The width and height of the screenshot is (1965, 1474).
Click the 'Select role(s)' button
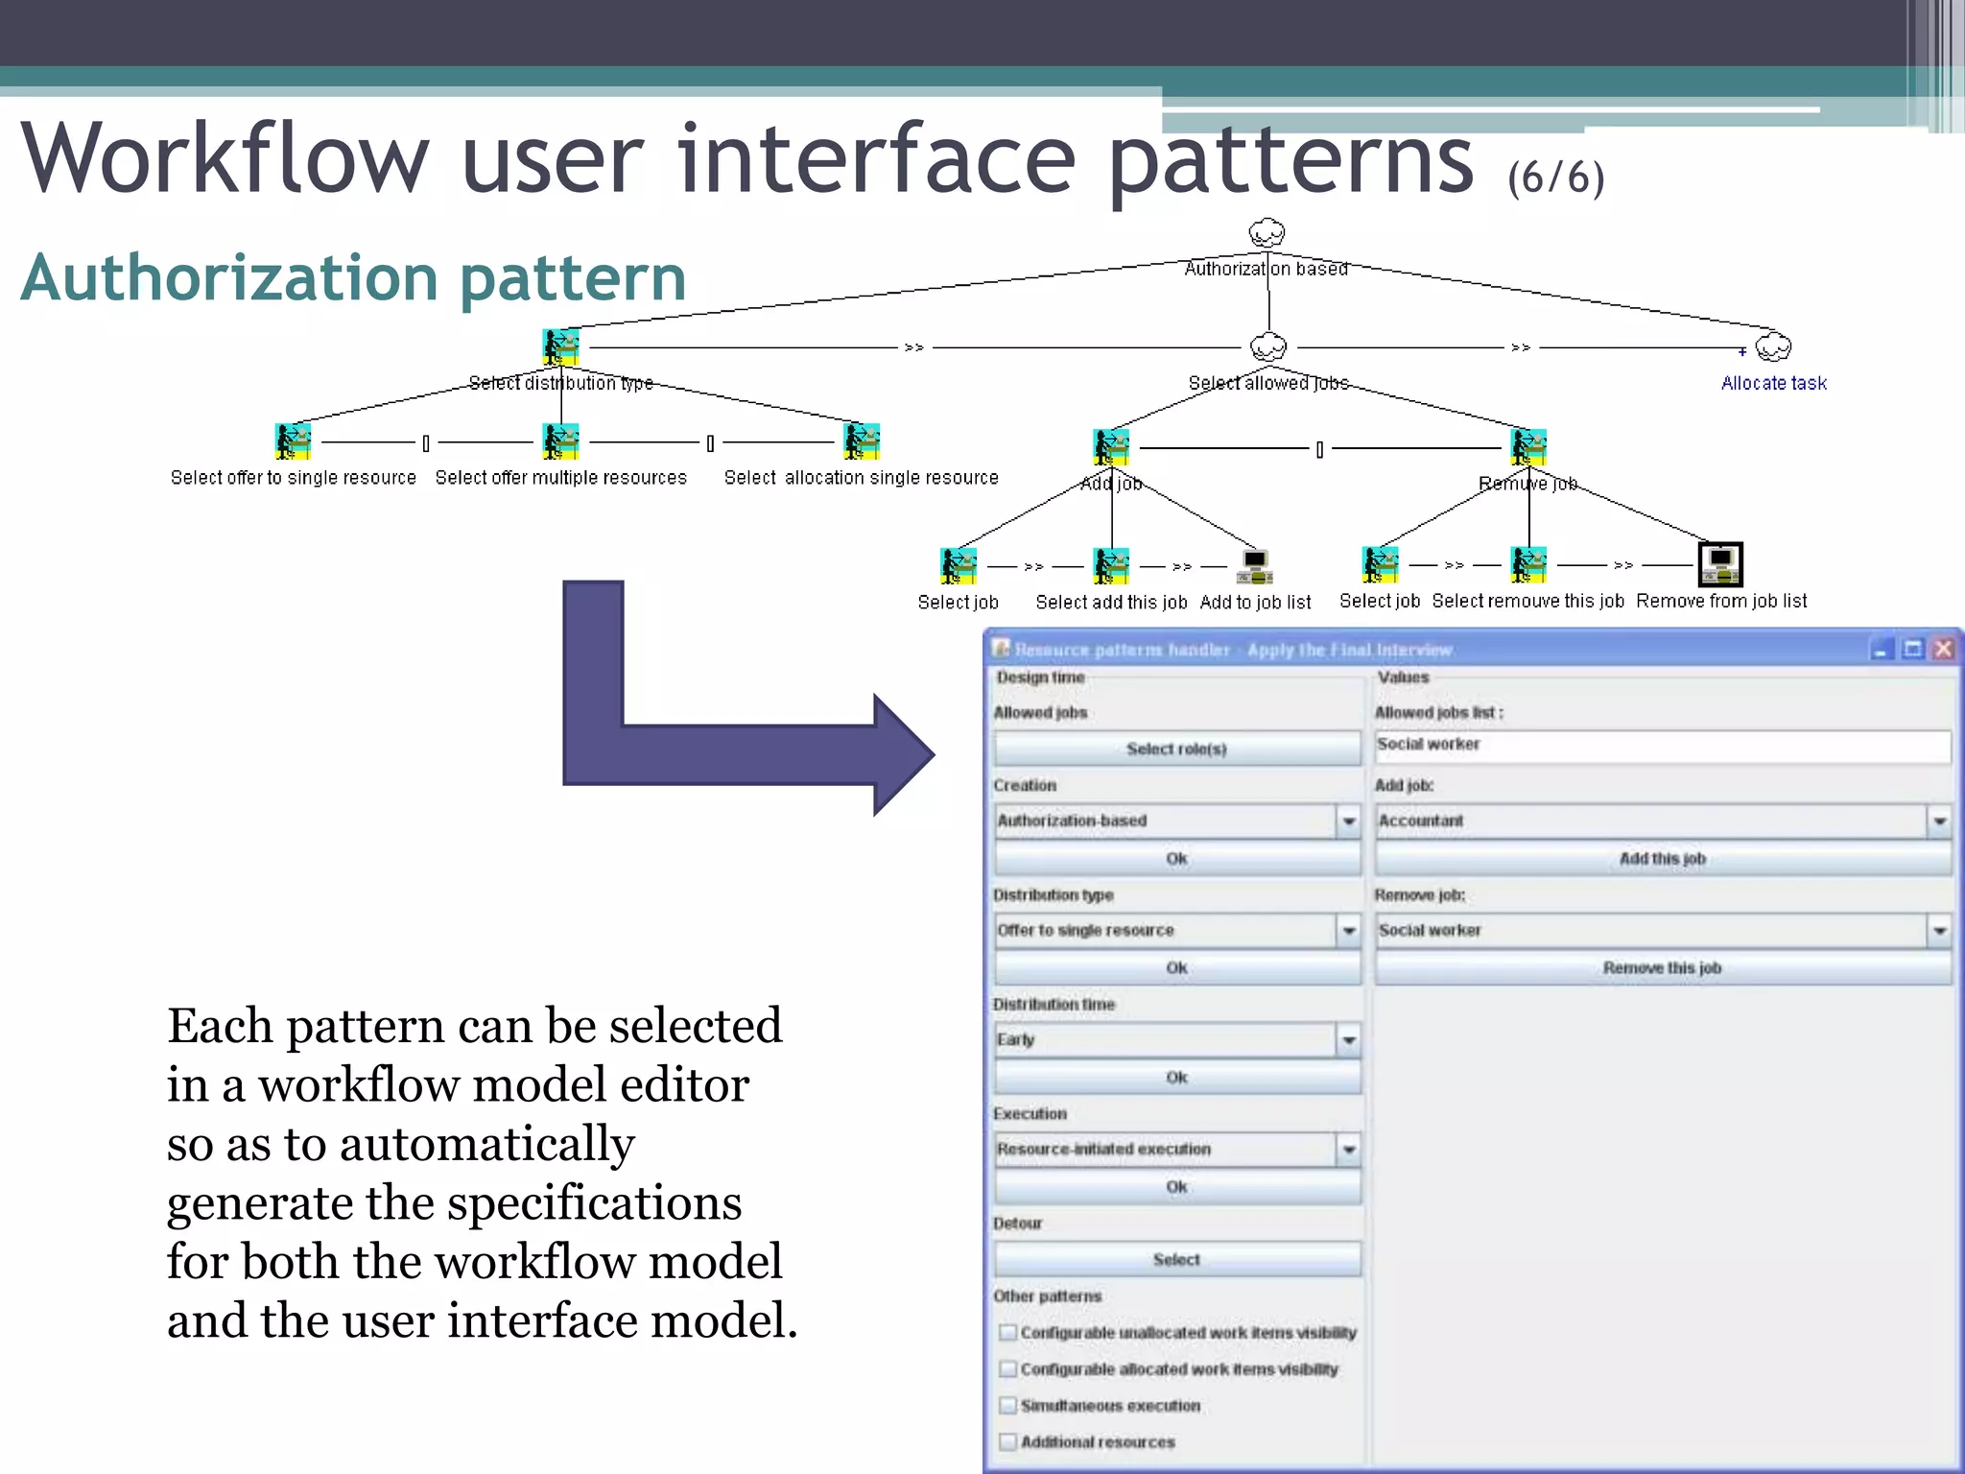pyautogui.click(x=1176, y=749)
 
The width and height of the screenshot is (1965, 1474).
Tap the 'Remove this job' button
pyautogui.click(x=1662, y=967)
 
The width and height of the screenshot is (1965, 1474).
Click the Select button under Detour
pyautogui.click(x=1176, y=1259)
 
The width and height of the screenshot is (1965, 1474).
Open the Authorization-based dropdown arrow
pyautogui.click(x=1349, y=821)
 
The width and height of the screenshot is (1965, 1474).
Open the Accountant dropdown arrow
pyautogui.click(x=1939, y=821)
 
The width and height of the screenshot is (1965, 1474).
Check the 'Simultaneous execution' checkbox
pyautogui.click(x=1007, y=1406)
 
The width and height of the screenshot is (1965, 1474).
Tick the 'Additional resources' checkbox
pyautogui.click(x=1007, y=1442)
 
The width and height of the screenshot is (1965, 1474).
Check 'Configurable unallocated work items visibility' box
pyautogui.click(x=1007, y=1333)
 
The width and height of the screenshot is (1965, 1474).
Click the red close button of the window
pyautogui.click(x=1943, y=650)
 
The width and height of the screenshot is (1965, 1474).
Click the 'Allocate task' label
pyautogui.click(x=1773, y=384)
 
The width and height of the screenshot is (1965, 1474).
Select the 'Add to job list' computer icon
pyautogui.click(x=1254, y=566)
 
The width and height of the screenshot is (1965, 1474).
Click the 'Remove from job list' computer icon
pyautogui.click(x=1720, y=564)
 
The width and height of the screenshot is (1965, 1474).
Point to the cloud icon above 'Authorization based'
pyautogui.click(x=1267, y=233)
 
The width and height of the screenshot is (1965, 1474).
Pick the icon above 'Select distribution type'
pyautogui.click(x=561, y=347)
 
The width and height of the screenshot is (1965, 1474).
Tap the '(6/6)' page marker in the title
pyautogui.click(x=1555, y=178)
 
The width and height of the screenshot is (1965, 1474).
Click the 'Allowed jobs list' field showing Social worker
pyautogui.click(x=1662, y=746)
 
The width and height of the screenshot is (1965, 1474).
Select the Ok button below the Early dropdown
pyautogui.click(x=1176, y=1078)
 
